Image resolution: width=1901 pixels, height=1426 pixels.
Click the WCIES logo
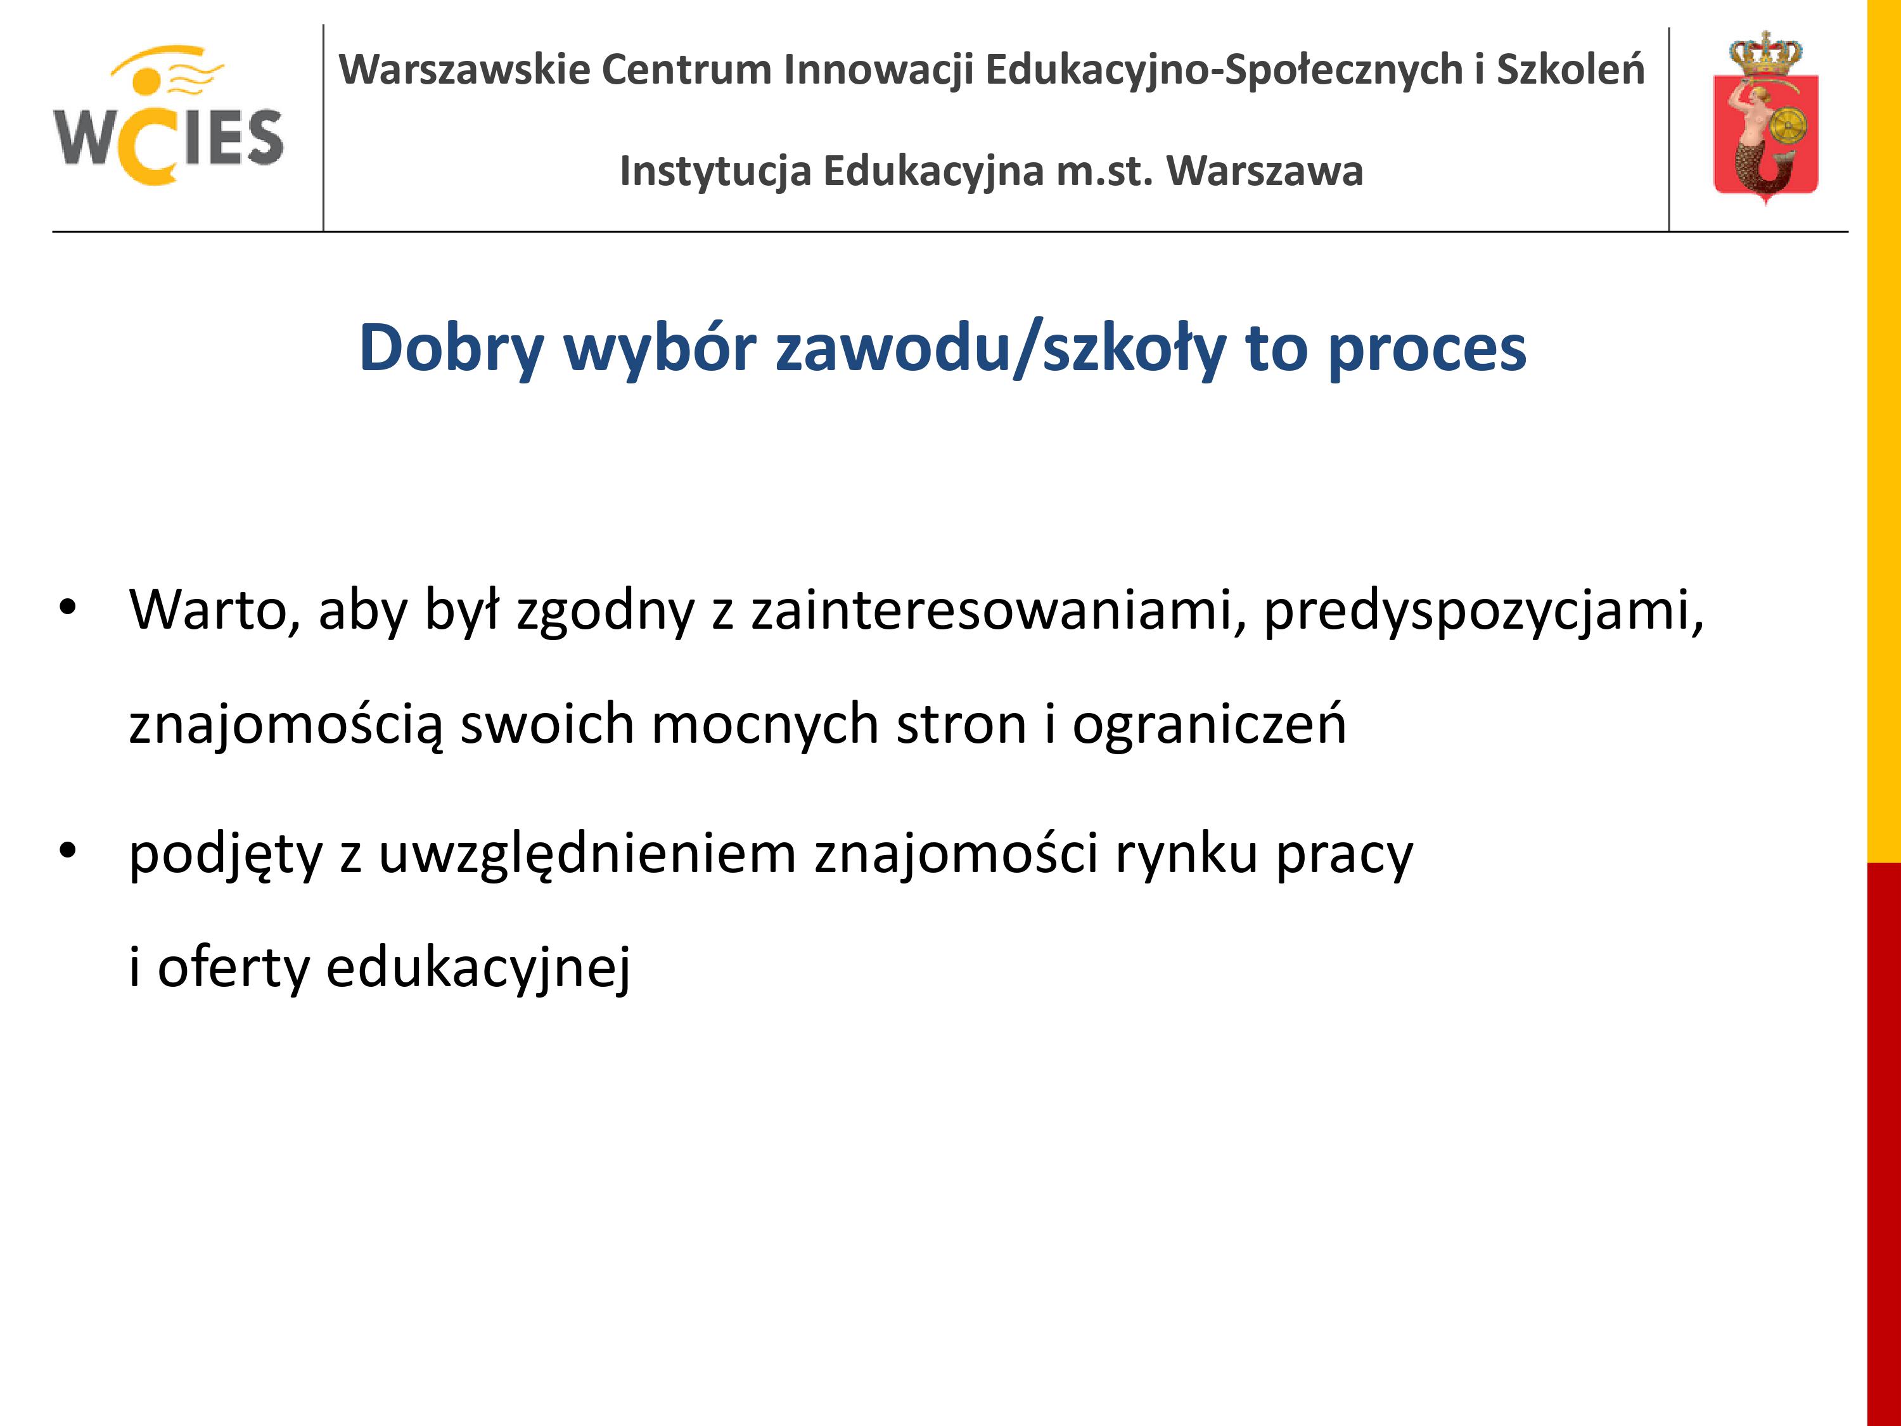pyautogui.click(x=169, y=115)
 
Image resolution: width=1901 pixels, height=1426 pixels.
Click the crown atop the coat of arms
pyautogui.click(x=1765, y=53)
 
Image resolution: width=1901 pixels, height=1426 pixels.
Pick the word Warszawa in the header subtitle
pyautogui.click(x=1264, y=170)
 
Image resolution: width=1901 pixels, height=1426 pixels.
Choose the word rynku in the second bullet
pyautogui.click(x=1187, y=854)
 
